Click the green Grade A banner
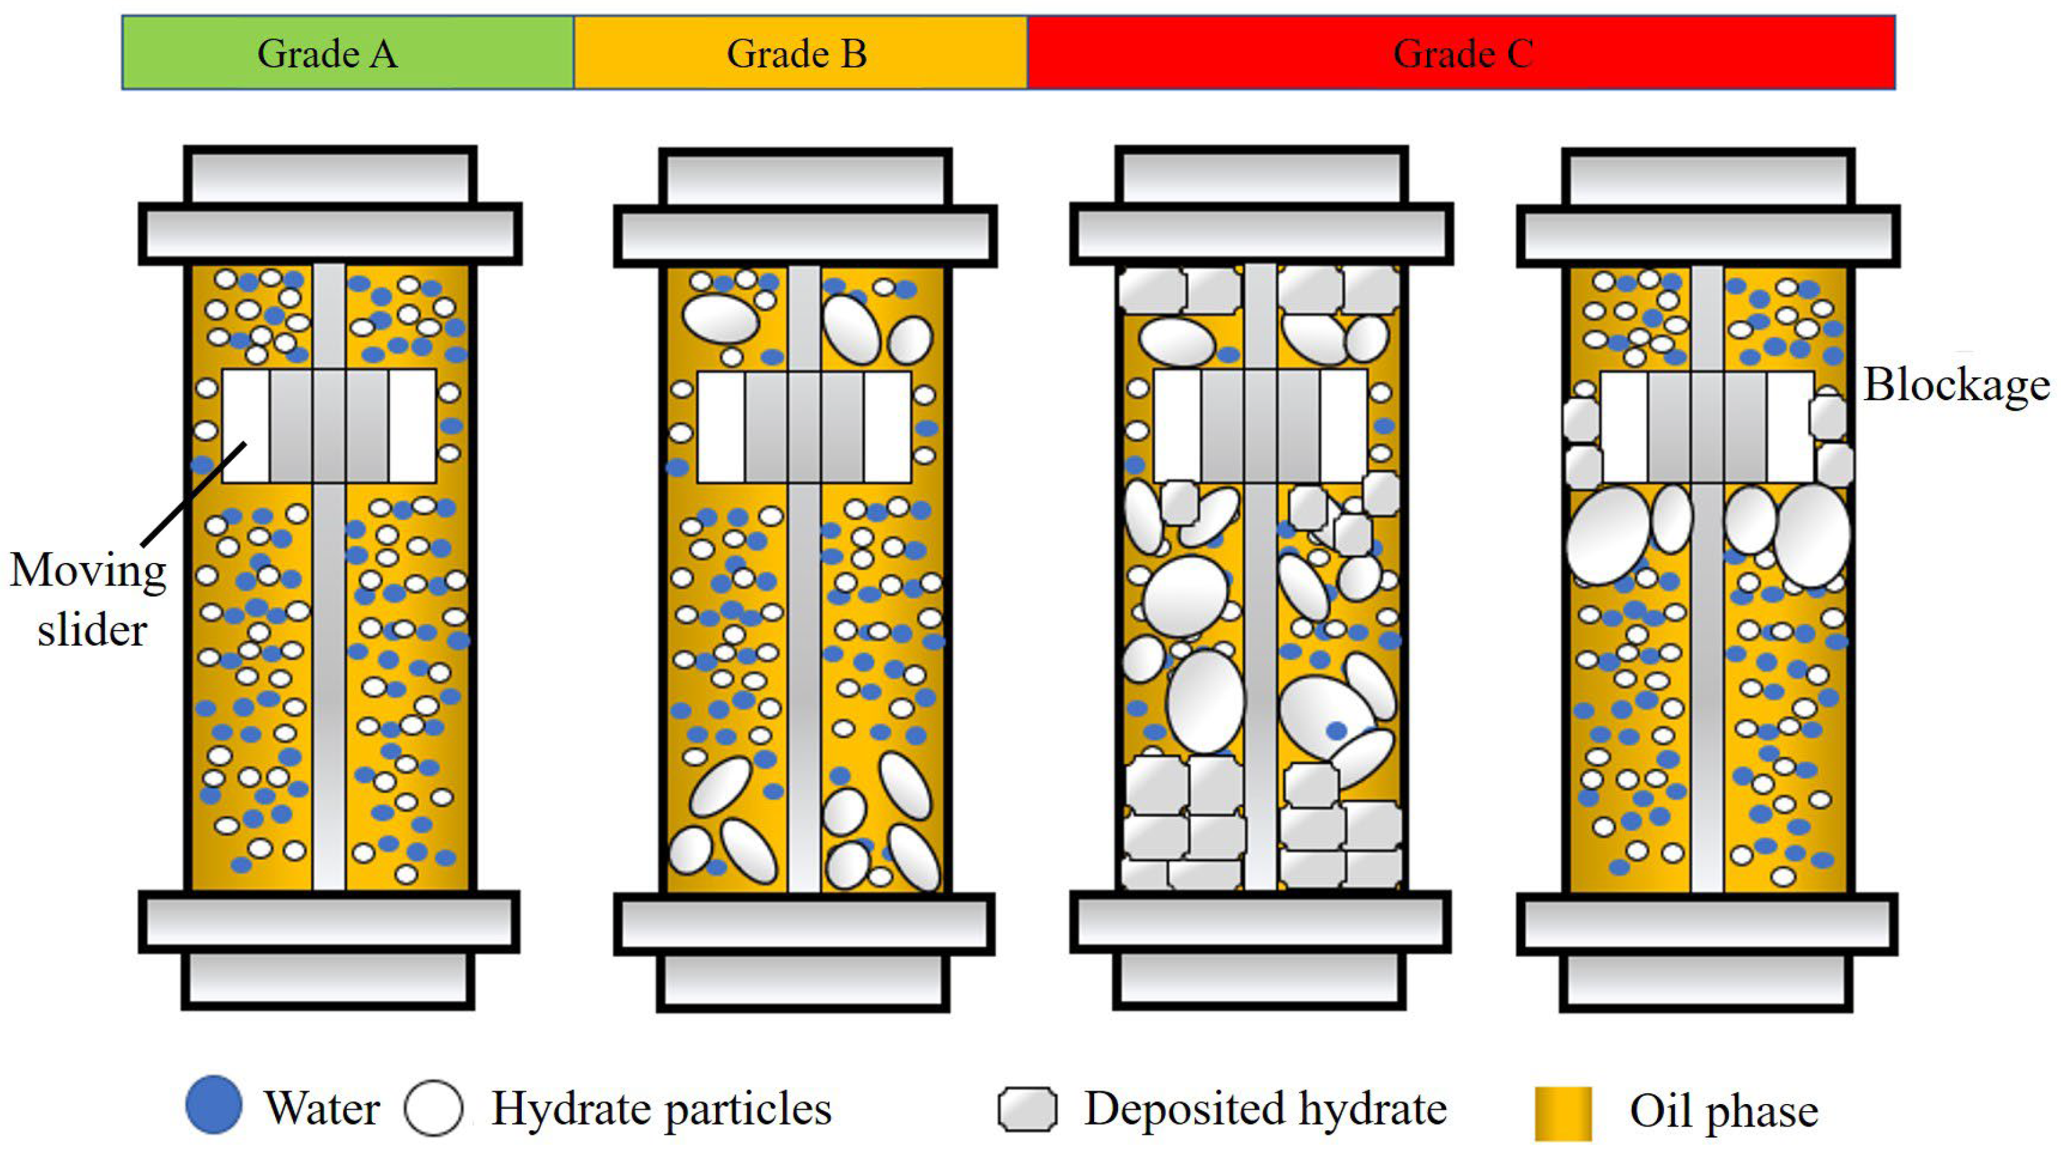coord(348,53)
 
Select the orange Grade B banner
coord(800,53)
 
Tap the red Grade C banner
coord(1461,53)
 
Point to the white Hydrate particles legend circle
coord(434,1108)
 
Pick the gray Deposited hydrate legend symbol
coord(1027,1109)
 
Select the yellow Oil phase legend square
coord(1562,1112)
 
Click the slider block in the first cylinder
coord(328,425)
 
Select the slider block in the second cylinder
coord(804,427)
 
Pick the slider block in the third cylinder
coord(1260,425)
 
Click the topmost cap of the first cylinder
coord(330,175)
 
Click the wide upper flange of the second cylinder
coord(806,236)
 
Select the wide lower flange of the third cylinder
coord(1260,922)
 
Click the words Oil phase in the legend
coord(1724,1111)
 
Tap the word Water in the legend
coord(322,1109)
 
